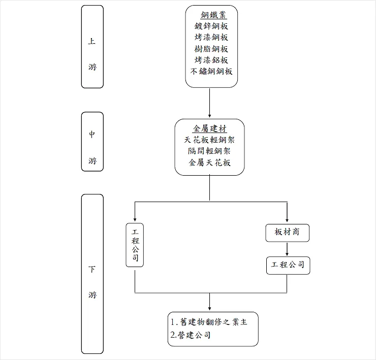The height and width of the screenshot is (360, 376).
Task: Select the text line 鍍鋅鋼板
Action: pos(211,26)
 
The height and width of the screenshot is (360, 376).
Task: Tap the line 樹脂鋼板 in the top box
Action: pos(211,49)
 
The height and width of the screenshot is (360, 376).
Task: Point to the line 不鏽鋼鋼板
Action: pos(211,71)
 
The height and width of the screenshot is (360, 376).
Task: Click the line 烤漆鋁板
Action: pos(211,60)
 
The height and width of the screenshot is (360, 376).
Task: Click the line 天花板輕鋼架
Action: pos(209,140)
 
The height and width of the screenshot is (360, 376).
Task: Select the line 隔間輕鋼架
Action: pos(209,151)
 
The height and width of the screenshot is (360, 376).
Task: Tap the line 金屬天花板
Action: pos(209,162)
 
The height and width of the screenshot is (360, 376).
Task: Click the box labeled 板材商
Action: pos(287,233)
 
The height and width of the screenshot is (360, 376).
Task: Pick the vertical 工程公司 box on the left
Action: pos(135,244)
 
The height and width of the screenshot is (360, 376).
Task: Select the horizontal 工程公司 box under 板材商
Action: pos(288,265)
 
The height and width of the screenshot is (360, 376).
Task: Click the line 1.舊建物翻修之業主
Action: pos(209,322)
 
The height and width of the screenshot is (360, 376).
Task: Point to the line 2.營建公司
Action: pos(191,335)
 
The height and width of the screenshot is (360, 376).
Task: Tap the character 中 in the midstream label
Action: pos(92,135)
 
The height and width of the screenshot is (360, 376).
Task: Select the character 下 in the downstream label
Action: pos(92,269)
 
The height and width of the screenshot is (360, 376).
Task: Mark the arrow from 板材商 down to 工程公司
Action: pos(287,249)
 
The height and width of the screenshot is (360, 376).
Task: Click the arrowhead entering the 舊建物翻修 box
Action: pos(209,309)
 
